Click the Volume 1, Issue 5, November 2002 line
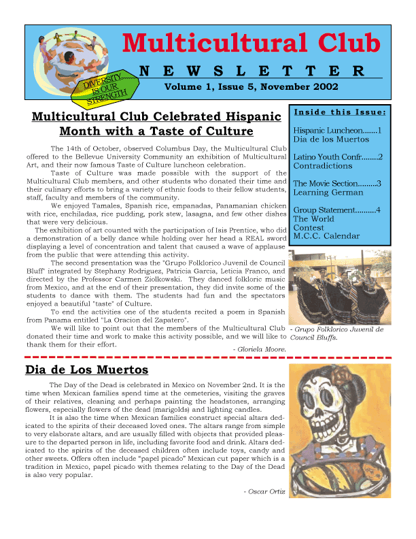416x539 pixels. click(252, 87)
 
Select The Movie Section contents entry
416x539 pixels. click(336, 184)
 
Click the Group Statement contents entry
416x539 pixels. click(336, 210)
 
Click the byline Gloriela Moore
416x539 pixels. click(259, 350)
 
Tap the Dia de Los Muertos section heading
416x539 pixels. click(86, 370)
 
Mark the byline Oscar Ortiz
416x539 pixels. click(263, 491)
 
